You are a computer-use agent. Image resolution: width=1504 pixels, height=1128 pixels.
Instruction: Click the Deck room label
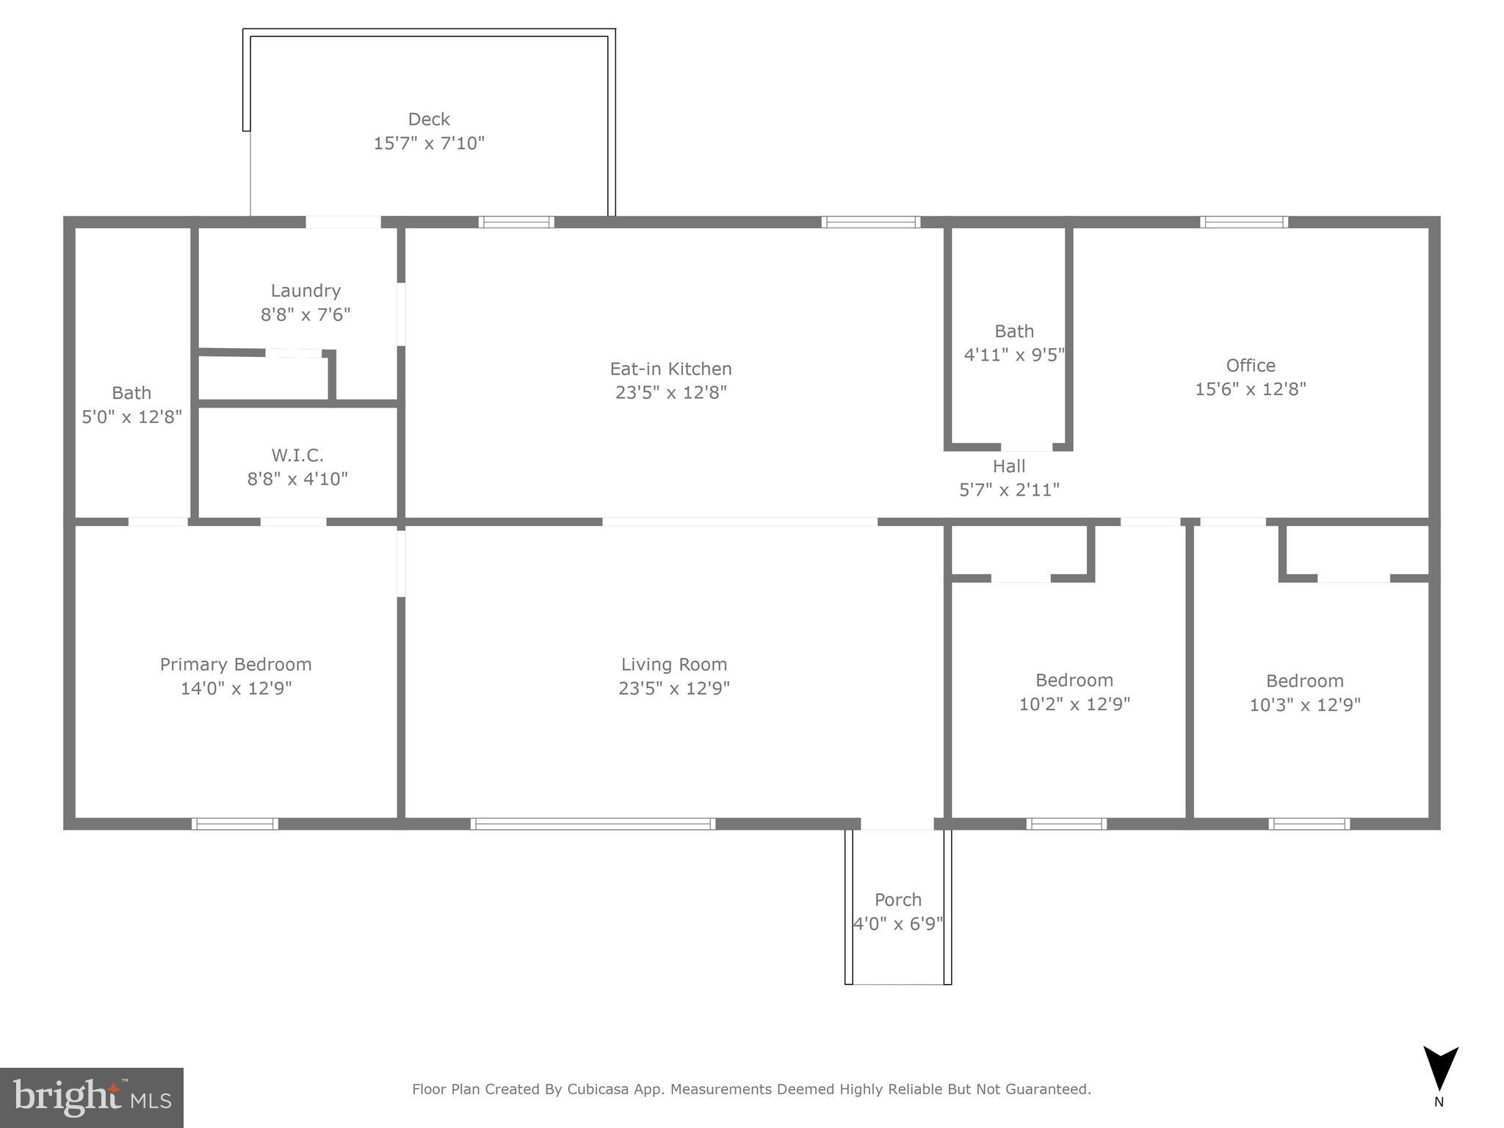tap(429, 119)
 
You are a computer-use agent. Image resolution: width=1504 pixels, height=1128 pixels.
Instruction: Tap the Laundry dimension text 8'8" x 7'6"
tap(305, 315)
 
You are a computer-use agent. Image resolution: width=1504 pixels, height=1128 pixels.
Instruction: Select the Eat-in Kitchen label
tap(670, 369)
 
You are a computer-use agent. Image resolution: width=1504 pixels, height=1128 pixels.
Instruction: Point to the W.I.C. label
tap(297, 455)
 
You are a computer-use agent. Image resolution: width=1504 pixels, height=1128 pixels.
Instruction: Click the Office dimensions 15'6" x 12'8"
tap(1251, 389)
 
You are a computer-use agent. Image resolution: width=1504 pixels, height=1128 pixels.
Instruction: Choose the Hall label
tap(1009, 466)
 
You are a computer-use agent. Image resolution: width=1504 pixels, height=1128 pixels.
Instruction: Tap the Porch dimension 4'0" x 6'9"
tap(897, 924)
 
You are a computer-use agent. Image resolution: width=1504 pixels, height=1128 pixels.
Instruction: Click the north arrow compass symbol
tap(1440, 1069)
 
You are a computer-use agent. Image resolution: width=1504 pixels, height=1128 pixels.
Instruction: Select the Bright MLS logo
tap(92, 1097)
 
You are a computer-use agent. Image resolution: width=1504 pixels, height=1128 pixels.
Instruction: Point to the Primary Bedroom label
tap(236, 665)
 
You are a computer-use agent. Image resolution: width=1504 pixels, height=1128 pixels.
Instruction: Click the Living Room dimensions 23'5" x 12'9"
tap(673, 689)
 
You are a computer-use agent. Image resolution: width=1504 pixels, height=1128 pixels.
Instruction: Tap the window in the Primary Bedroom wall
tap(235, 824)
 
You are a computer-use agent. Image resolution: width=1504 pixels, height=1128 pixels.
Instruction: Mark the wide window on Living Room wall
tap(593, 824)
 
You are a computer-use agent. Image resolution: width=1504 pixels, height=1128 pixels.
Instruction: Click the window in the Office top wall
tap(1243, 222)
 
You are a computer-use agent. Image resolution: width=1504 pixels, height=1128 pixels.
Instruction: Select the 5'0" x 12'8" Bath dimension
tap(131, 417)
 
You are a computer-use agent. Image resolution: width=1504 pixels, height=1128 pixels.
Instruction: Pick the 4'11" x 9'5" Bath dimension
tap(1014, 355)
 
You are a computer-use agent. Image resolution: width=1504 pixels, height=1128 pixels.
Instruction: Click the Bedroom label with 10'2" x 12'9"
tap(1074, 680)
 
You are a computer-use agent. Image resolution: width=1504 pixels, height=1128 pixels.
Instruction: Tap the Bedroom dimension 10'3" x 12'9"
tap(1305, 705)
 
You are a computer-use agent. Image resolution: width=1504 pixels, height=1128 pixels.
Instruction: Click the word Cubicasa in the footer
tap(597, 1089)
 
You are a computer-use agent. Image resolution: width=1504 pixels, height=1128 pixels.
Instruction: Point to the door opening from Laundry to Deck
tap(343, 222)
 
